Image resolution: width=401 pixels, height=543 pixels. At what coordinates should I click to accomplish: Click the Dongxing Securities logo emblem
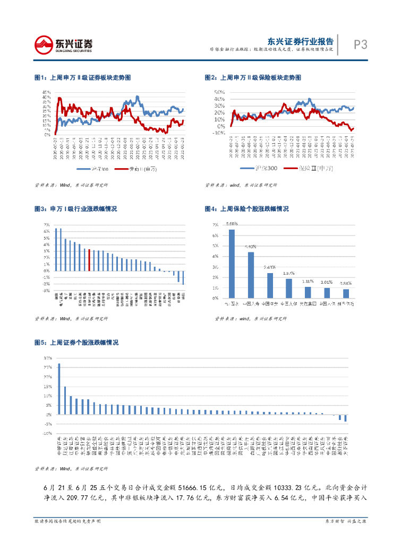[x=45, y=44]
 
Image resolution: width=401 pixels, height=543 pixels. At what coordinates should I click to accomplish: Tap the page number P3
[x=361, y=45]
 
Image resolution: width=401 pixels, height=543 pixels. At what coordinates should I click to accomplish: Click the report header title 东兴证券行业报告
[x=300, y=41]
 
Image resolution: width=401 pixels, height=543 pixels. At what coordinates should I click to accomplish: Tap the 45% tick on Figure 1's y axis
[x=47, y=92]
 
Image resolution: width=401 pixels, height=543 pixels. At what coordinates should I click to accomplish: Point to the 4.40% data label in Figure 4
[x=251, y=247]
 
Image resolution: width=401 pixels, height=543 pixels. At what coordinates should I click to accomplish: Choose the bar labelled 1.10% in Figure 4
[x=308, y=292]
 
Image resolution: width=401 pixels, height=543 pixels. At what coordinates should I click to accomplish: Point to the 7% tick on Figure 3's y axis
[x=47, y=225]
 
